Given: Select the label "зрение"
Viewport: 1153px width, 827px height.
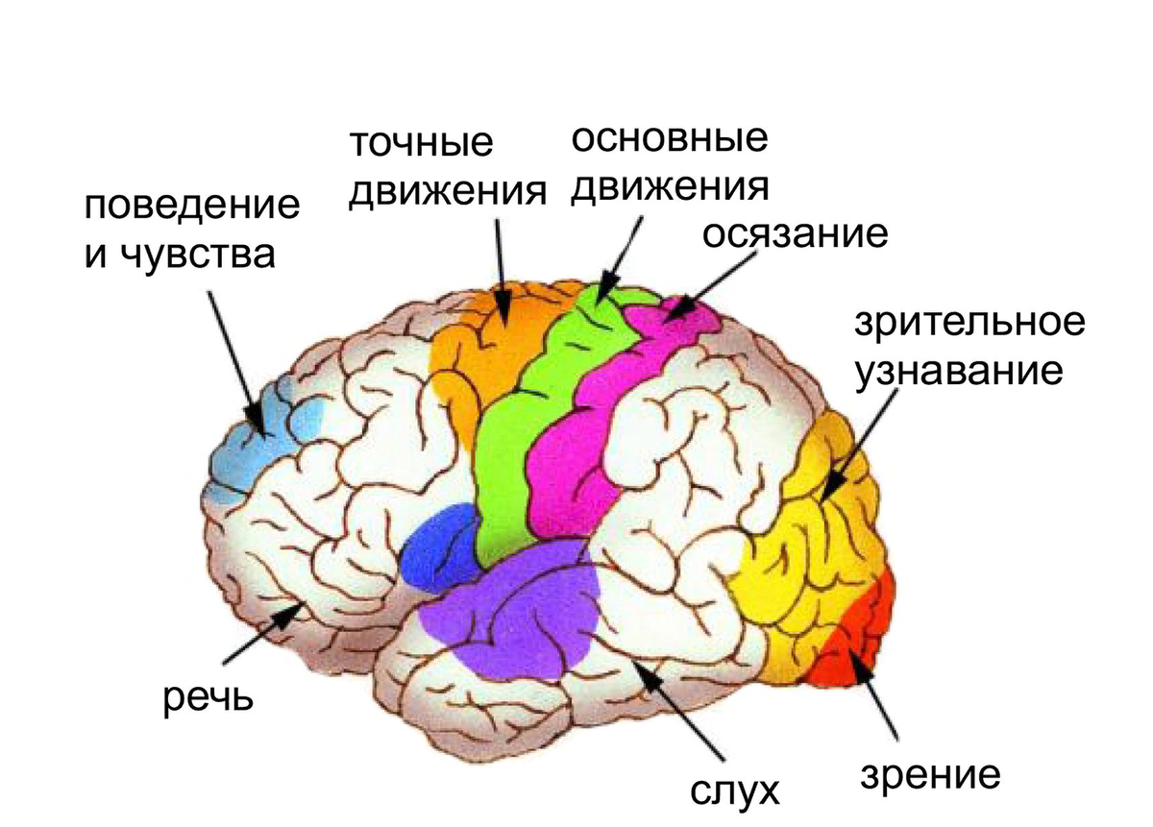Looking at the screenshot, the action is pyautogui.click(x=930, y=775).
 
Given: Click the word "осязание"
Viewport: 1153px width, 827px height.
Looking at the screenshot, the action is pyautogui.click(x=794, y=233).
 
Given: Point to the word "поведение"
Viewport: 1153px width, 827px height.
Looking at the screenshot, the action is pyautogui.click(x=191, y=207).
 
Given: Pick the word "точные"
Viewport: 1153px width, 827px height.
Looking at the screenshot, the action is pyautogui.click(x=421, y=144).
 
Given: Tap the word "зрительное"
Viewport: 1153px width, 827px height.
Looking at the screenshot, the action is pyautogui.click(x=969, y=323).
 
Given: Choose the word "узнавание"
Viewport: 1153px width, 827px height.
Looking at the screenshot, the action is pyautogui.click(x=958, y=370).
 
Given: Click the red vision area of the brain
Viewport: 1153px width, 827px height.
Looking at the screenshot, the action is pyautogui.click(x=855, y=639).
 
